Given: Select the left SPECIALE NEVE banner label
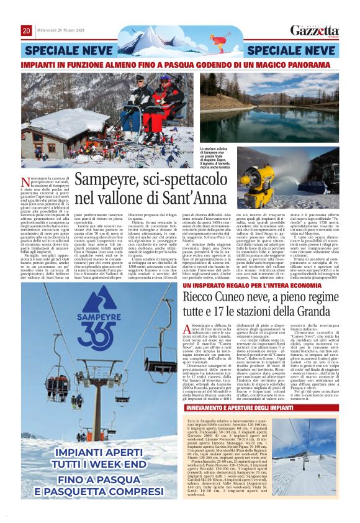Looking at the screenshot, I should [x=61, y=50].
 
